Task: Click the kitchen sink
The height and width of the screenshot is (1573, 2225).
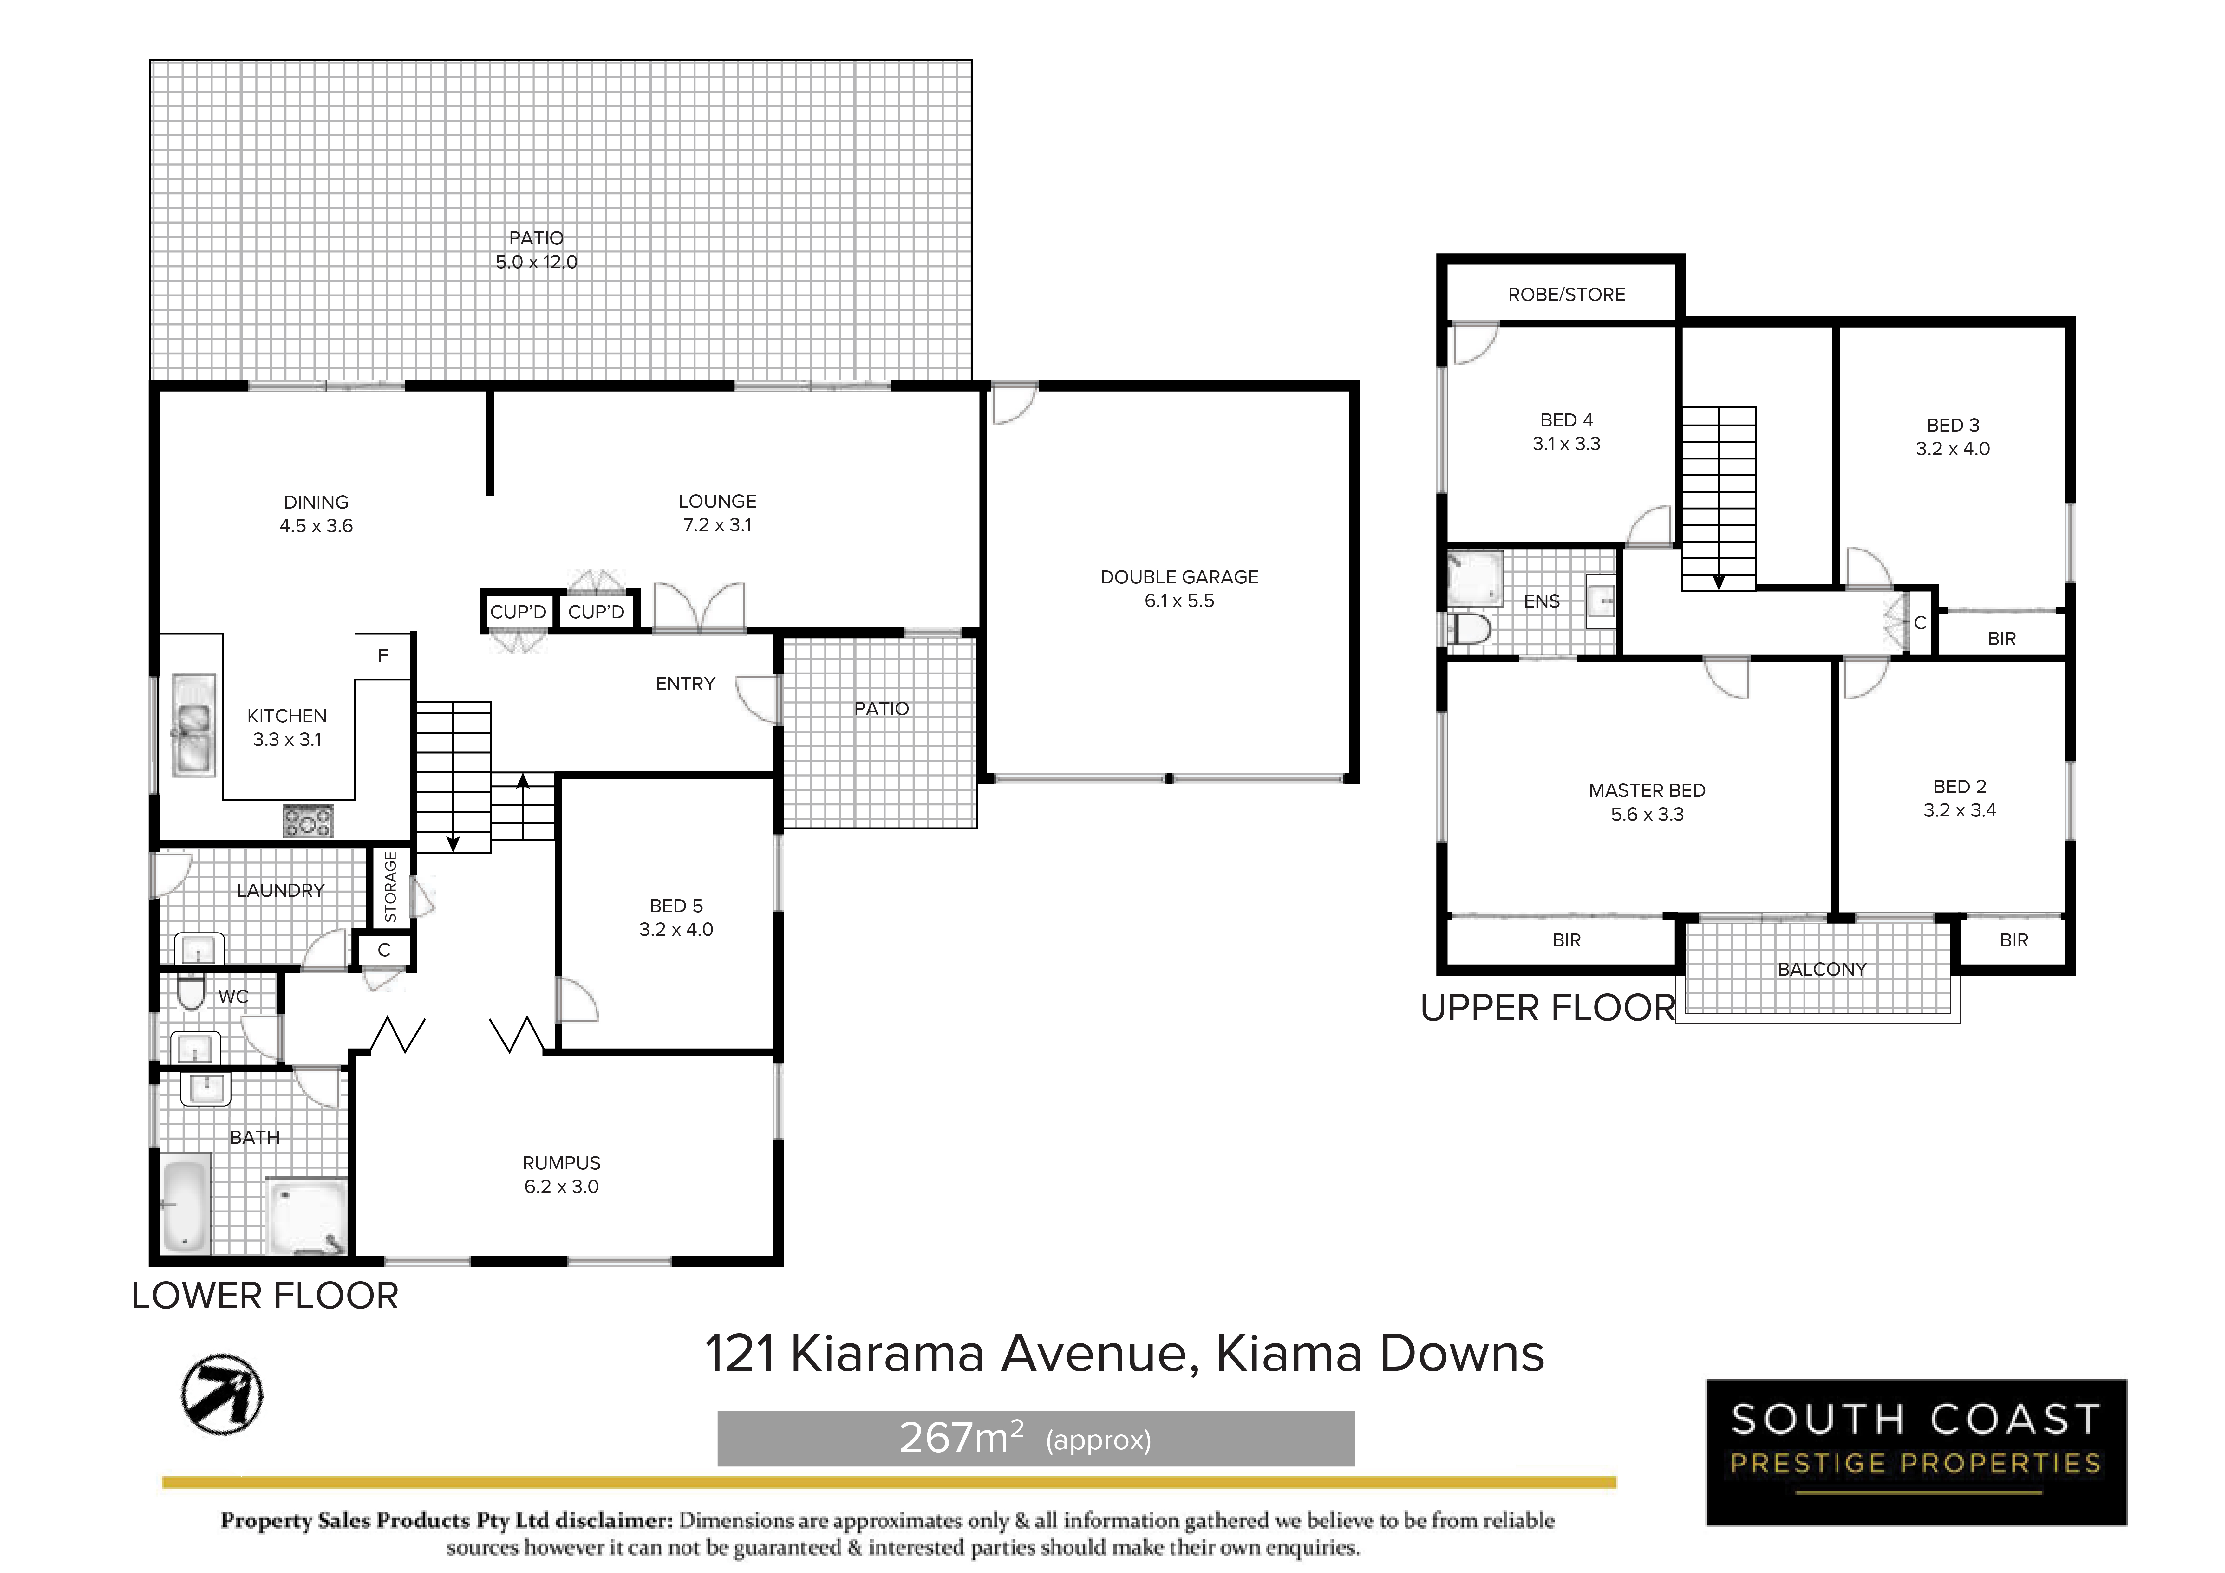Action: (x=194, y=725)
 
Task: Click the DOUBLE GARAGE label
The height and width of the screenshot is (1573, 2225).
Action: (x=1179, y=577)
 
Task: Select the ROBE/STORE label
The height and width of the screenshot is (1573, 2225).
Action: (x=1566, y=295)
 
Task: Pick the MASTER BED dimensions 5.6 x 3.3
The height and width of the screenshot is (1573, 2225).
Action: (x=1648, y=814)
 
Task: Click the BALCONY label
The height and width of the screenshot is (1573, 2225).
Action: (x=1822, y=969)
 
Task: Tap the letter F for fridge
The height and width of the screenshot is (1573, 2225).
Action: (x=383, y=656)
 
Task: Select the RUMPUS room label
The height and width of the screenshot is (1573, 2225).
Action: (x=562, y=1163)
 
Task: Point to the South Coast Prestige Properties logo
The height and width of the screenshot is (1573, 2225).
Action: (x=1916, y=1451)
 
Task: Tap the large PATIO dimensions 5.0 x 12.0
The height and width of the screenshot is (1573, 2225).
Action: (x=536, y=262)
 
